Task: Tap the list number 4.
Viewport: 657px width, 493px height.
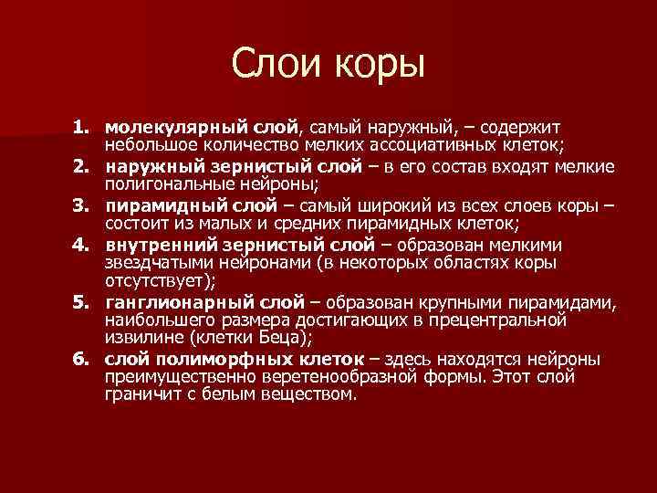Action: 83,245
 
